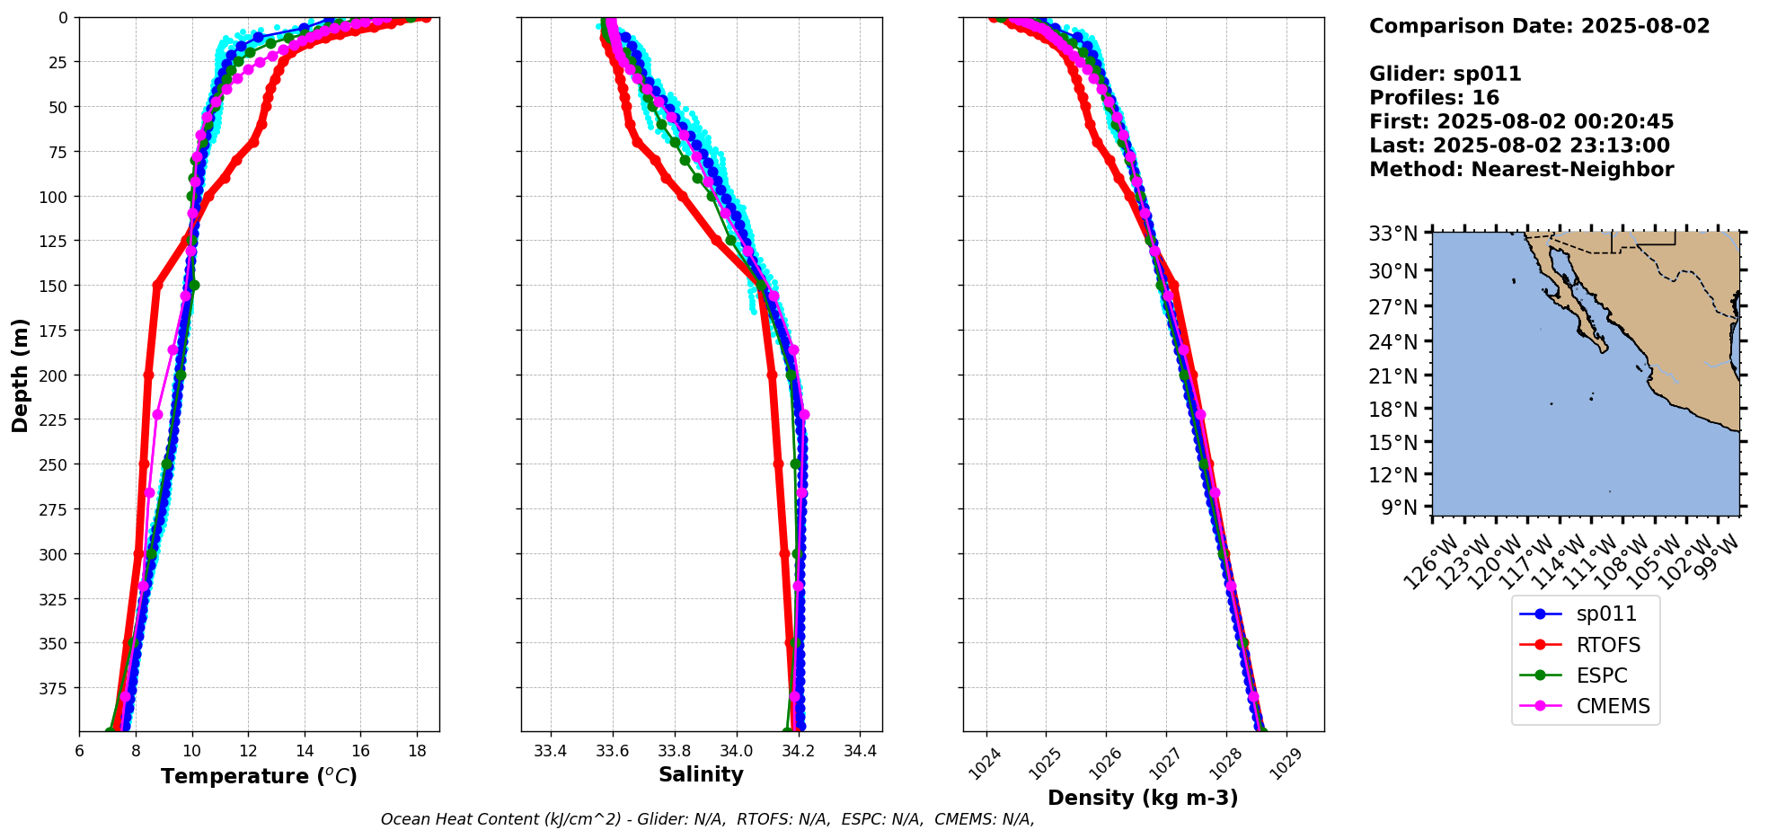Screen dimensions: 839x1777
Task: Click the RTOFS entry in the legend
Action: (x=1607, y=645)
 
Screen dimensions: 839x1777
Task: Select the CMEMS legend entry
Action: (x=1613, y=706)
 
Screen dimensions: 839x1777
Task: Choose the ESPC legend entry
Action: (x=1601, y=676)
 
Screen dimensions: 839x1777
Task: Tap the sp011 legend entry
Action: (x=1606, y=614)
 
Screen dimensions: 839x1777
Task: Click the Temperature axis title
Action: (x=259, y=776)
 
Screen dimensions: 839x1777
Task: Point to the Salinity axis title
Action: (x=701, y=775)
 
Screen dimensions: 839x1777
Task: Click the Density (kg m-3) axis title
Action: (x=1143, y=798)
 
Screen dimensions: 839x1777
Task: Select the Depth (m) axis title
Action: (x=20, y=375)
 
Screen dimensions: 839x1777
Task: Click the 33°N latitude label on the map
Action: (x=1393, y=234)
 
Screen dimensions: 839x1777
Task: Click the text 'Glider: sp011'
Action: (x=1445, y=74)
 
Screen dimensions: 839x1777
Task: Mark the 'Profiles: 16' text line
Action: (x=1434, y=98)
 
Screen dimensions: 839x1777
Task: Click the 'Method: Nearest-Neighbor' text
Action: (x=1521, y=170)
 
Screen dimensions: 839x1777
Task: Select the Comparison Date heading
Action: (x=1539, y=26)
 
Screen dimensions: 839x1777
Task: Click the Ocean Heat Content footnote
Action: (x=707, y=819)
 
